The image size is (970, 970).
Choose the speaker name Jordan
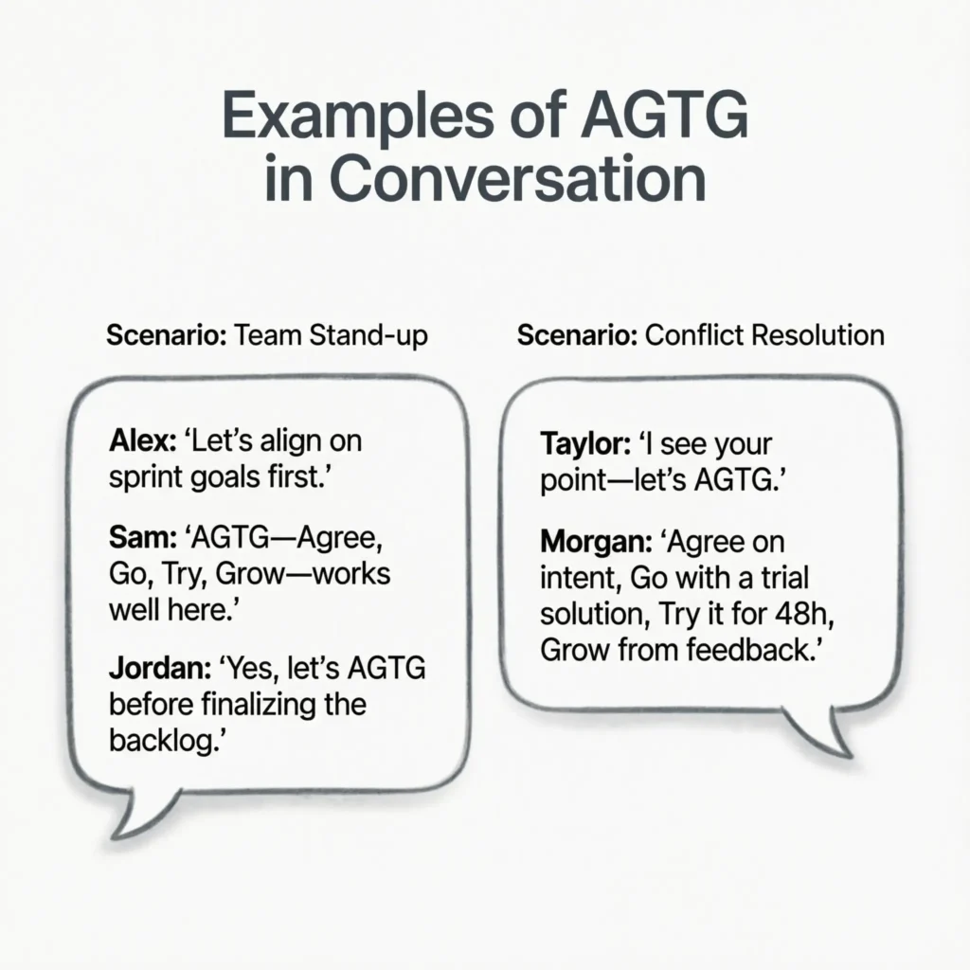pyautogui.click(x=153, y=670)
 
